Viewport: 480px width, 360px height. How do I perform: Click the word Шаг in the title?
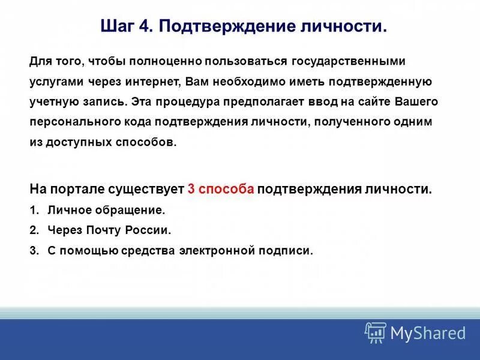[x=116, y=27]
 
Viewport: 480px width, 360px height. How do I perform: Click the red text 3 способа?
[x=221, y=189]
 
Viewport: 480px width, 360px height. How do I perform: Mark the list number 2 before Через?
[x=33, y=230]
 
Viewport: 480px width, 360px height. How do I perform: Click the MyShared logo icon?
[x=375, y=332]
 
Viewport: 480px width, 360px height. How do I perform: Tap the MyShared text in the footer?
[x=428, y=333]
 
